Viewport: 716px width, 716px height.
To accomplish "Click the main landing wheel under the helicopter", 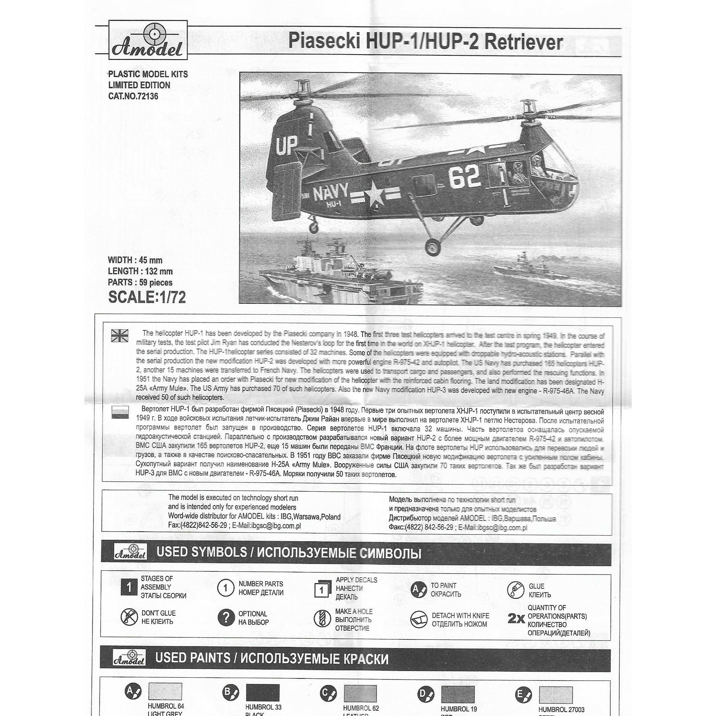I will point(433,246).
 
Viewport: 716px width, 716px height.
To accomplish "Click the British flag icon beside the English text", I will point(120,335).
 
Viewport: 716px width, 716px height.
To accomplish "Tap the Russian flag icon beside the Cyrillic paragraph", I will point(120,412).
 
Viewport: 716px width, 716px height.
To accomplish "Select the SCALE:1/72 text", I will point(147,297).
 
